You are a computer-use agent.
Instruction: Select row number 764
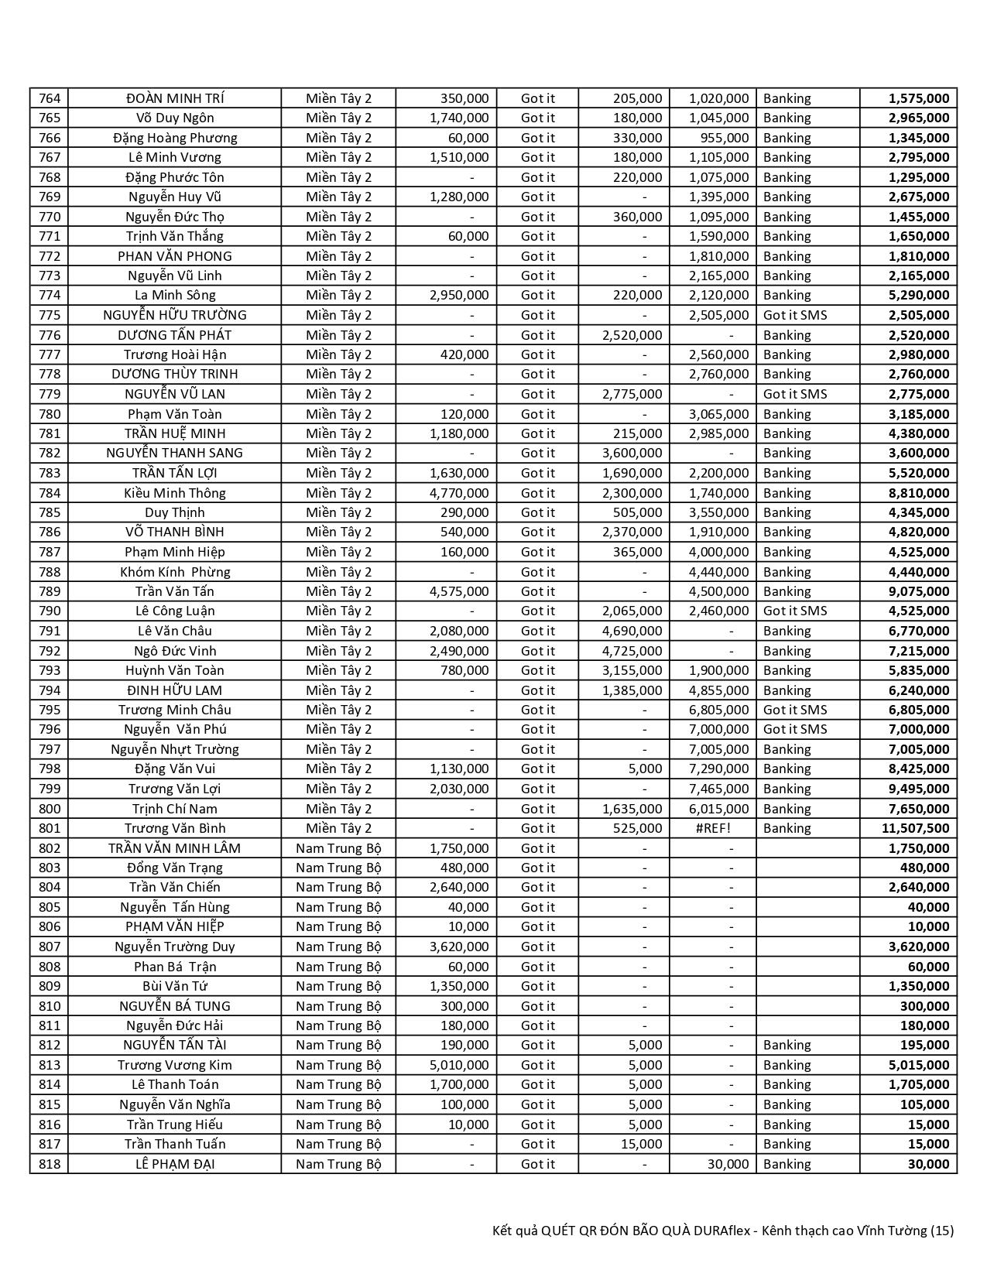[49, 98]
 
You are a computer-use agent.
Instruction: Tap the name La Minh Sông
[175, 295]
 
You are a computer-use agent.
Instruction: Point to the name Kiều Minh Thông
[175, 493]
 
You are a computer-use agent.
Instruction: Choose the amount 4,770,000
[459, 493]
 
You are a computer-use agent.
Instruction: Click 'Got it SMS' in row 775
[795, 315]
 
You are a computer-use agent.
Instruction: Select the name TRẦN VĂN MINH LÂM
[175, 848]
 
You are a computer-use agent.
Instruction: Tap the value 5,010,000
[459, 1065]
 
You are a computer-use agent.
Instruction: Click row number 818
[49, 1164]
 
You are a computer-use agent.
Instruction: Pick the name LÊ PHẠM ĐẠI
[175, 1164]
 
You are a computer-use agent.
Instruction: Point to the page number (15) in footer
[942, 1231]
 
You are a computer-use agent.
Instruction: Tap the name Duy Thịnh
[175, 512]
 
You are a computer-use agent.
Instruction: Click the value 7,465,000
[718, 789]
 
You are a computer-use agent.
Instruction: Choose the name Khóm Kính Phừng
[175, 572]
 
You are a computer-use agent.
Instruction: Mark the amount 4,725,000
[632, 651]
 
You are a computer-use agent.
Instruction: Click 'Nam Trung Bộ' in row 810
[338, 1006]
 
